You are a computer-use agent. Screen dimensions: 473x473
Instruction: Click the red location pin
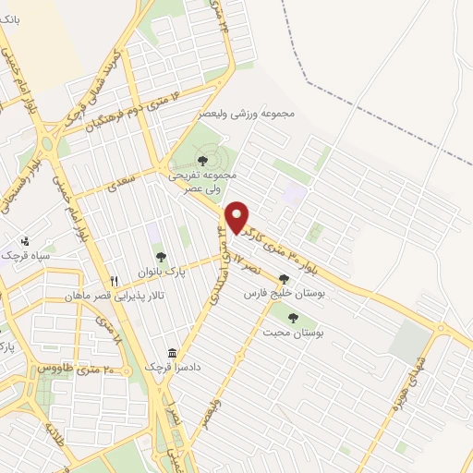coord(238,216)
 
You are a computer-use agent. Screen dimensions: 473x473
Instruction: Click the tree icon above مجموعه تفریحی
coord(202,161)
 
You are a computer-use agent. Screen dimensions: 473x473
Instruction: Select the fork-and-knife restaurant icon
coord(114,281)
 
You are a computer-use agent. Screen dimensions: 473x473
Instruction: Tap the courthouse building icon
coord(172,353)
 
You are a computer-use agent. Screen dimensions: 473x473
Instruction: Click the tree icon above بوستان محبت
coord(293,318)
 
